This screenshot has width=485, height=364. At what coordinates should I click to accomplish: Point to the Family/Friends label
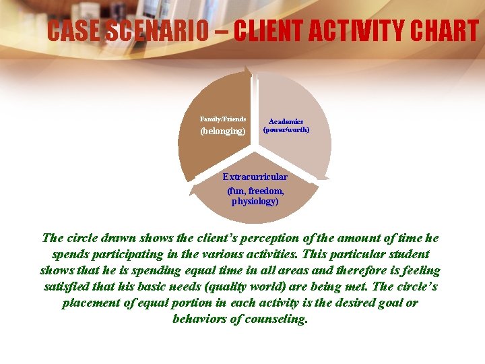coord(223,119)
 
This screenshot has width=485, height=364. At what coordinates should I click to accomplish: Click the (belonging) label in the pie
coord(223,131)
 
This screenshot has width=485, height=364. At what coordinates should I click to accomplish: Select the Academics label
coord(286,121)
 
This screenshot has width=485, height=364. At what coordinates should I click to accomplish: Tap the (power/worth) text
coord(286,129)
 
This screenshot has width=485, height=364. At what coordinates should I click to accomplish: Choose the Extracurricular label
coord(255,177)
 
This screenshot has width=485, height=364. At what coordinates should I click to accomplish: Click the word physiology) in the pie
coord(255,201)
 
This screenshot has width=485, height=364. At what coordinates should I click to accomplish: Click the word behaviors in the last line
coord(199,319)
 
